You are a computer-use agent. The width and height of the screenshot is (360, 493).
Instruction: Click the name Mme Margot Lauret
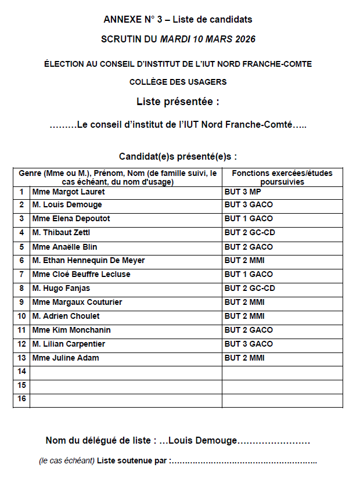coord(69,191)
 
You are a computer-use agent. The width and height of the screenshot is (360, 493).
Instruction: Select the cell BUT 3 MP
coord(243,191)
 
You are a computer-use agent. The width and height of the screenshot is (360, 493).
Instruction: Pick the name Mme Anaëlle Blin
coord(65,247)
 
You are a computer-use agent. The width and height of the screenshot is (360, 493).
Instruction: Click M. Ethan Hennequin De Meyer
coord(88,261)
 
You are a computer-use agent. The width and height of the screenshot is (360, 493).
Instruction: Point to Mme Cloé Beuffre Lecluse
coord(81,275)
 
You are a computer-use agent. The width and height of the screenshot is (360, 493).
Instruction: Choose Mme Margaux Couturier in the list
coord(77,303)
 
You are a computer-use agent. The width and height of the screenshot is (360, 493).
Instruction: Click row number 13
coord(22,358)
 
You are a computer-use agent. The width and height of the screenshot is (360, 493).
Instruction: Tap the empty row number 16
coord(22,400)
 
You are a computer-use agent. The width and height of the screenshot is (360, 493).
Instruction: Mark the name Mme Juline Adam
coord(66,358)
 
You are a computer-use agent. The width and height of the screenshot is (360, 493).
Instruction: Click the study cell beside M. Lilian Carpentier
coord(249,344)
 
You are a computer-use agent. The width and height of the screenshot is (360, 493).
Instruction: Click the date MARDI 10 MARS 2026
coord(207,39)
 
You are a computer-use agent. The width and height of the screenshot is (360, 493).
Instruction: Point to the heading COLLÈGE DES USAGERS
coord(178,82)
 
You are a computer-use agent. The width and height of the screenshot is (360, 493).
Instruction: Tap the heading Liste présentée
coord(178,102)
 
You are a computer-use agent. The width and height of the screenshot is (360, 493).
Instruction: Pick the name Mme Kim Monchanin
coord(71,330)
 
